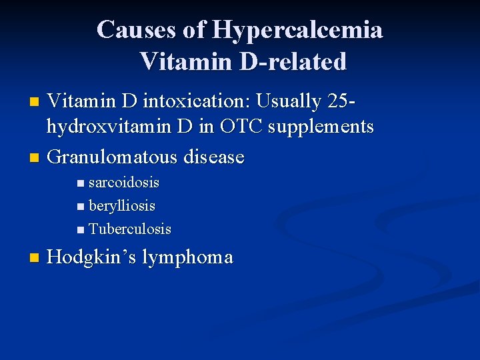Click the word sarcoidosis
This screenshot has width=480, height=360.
click(124, 183)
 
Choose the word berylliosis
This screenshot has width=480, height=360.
click(122, 206)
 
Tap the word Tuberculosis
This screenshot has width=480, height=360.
click(130, 229)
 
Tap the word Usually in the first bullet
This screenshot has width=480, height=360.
click(292, 102)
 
